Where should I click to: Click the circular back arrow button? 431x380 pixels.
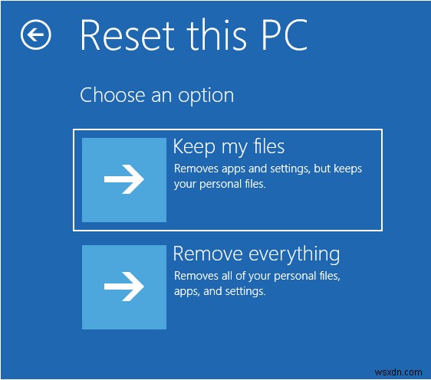(x=35, y=34)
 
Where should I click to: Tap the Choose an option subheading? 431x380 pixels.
(x=156, y=96)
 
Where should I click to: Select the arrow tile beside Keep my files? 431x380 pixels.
(x=123, y=180)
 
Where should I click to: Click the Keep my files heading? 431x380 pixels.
(x=229, y=146)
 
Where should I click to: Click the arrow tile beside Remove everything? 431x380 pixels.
(x=123, y=287)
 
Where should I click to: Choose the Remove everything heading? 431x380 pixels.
(x=256, y=254)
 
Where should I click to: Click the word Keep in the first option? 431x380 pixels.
(x=192, y=146)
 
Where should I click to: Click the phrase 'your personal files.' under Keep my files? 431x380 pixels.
(x=220, y=184)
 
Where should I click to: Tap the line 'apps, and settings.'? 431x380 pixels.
(x=219, y=291)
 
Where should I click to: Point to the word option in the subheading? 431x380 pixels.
(x=207, y=96)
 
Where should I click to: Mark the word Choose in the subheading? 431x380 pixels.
(x=105, y=96)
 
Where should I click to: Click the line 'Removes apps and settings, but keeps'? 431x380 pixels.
(x=268, y=169)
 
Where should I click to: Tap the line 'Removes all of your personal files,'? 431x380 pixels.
(x=257, y=276)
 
